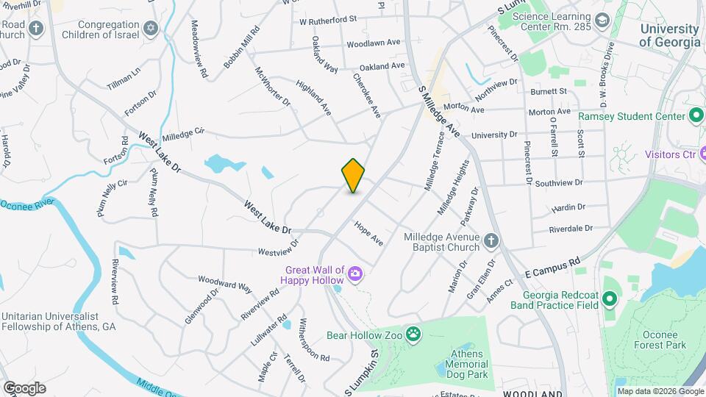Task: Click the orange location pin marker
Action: point(354,176)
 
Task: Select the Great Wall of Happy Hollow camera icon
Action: point(355,273)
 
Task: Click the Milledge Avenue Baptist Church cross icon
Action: point(491,240)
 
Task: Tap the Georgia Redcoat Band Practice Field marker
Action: point(608,298)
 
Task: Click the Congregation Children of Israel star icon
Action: point(151,28)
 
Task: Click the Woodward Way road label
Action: point(225,283)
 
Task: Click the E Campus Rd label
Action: point(554,268)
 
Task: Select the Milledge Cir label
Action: point(183,134)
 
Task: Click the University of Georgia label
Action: point(669,35)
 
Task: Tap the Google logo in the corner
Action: point(24,388)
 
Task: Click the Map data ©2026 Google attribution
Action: point(660,391)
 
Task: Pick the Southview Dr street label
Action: point(559,182)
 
